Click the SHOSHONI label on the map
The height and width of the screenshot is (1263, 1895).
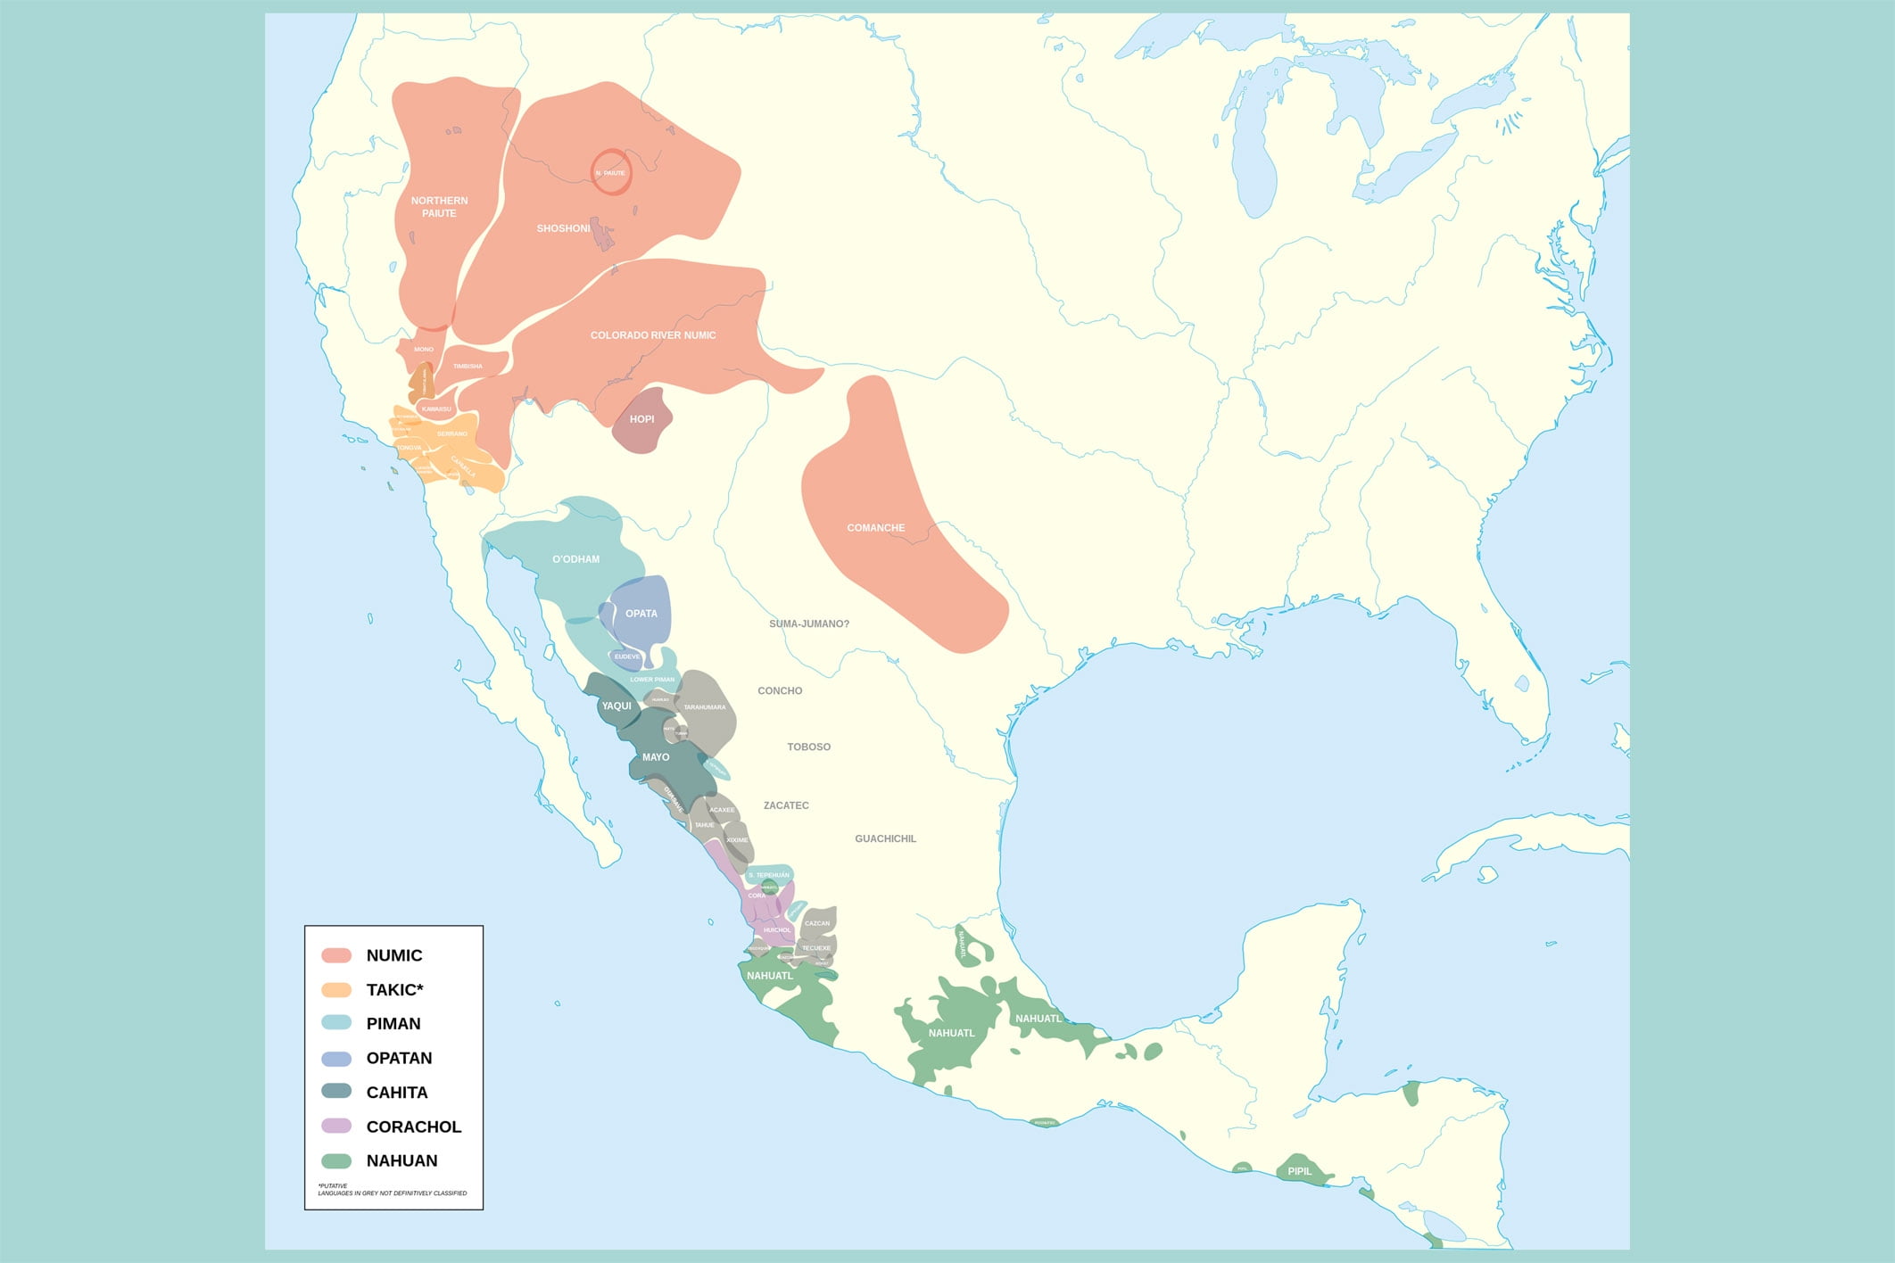563,228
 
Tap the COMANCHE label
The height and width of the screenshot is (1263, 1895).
875,528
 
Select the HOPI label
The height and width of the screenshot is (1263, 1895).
641,419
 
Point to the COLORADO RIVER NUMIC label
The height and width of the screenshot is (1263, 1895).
652,335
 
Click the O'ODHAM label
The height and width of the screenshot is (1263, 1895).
575,559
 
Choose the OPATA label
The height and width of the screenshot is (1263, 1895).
641,614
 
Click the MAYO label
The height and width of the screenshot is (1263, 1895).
655,757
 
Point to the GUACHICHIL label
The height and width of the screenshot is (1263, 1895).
885,838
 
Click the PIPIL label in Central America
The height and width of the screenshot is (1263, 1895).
1299,1171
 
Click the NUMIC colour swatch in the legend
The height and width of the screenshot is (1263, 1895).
336,955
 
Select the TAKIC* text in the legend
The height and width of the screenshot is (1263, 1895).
394,990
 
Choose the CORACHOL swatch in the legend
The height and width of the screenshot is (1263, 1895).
336,1127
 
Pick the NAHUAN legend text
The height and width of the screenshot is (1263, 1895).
401,1160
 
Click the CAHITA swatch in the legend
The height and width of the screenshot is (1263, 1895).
336,1092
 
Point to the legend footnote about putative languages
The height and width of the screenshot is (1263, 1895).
392,1190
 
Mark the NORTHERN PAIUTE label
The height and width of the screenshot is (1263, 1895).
439,207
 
